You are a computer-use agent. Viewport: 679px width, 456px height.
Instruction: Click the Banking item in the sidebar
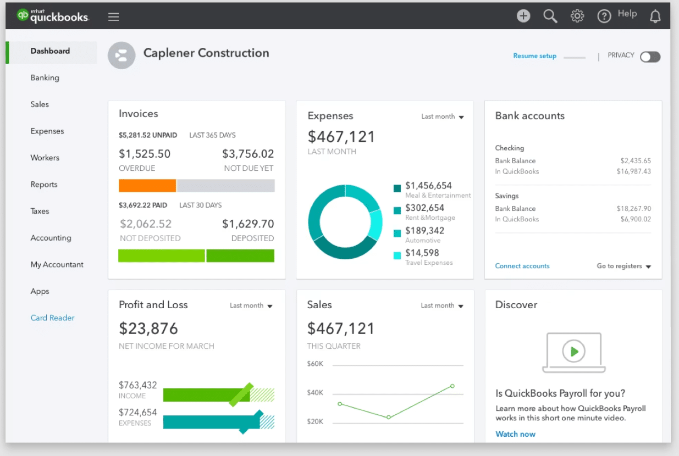[x=45, y=77]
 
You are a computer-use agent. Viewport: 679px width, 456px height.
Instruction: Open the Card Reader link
[x=52, y=318]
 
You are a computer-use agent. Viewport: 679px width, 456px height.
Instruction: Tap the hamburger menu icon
[x=113, y=16]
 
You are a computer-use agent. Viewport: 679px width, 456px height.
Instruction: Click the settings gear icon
[x=577, y=16]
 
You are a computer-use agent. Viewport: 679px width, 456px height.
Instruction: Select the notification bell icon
[x=655, y=16]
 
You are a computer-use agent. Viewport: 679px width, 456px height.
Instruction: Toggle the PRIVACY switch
[x=650, y=57]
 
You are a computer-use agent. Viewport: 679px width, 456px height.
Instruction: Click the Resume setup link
[x=534, y=56]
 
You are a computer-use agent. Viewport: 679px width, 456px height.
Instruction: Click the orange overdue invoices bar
[x=147, y=186]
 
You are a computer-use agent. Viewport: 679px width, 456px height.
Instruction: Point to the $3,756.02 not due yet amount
[x=247, y=154]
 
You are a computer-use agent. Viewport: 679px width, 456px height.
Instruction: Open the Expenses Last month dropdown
[x=443, y=116]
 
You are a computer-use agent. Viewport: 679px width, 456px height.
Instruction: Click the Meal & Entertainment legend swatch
[x=397, y=188]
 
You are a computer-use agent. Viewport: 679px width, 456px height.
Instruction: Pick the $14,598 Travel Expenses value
[x=422, y=253]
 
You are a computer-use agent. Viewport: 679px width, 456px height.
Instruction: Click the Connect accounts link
[x=522, y=266]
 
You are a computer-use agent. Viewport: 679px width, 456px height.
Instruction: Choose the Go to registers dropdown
[x=623, y=266]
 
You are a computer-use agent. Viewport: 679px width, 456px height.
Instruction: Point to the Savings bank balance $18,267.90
[x=635, y=209]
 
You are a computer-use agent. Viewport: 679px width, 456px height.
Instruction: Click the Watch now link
[x=515, y=434]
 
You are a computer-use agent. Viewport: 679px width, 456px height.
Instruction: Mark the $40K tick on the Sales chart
[x=315, y=393]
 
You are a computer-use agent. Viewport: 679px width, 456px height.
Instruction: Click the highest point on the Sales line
[x=452, y=386]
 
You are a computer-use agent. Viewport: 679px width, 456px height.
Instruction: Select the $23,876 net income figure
[x=148, y=329]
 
